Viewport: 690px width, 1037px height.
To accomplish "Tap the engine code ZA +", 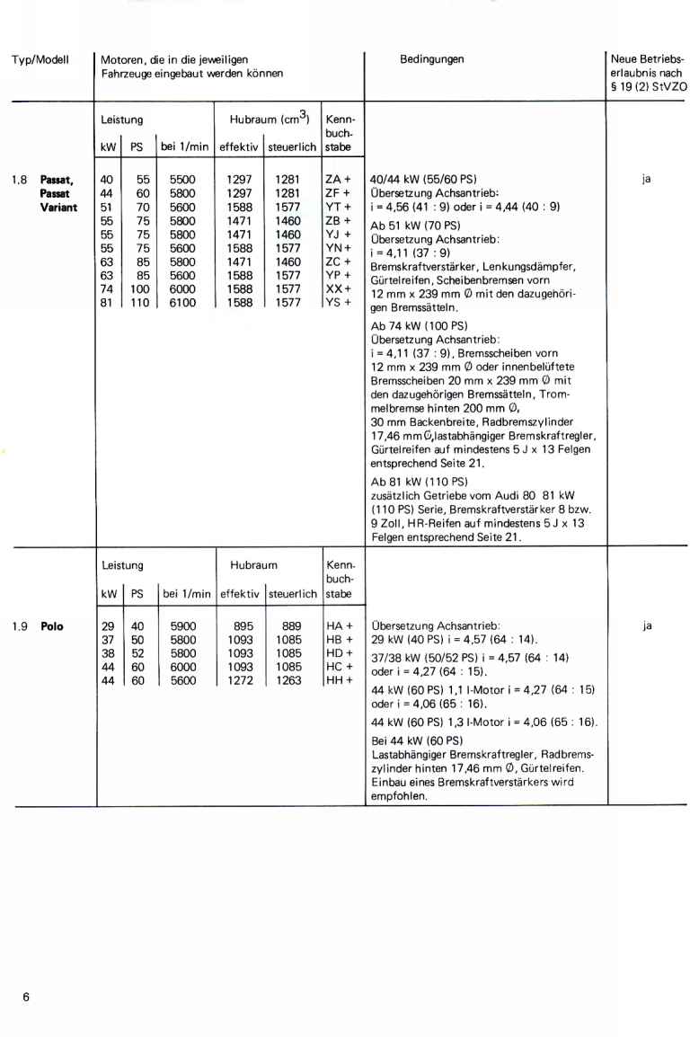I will pos(337,180).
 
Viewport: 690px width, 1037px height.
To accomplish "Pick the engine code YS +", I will pos(337,305).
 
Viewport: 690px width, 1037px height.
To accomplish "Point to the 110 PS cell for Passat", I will pos(139,305).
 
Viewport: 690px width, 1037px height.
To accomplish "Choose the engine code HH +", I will pos(337,681).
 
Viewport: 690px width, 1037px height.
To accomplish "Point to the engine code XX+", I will pos(337,291).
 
